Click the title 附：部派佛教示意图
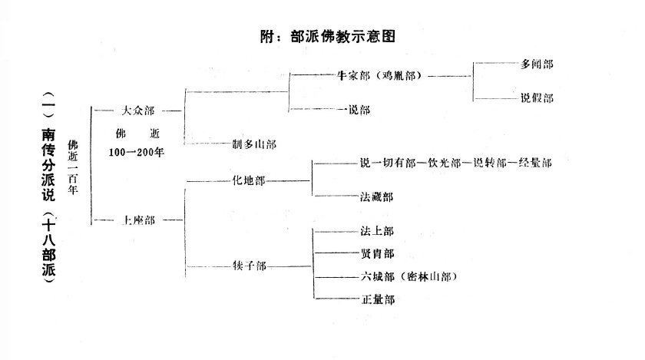tap(332, 36)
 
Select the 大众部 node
tap(138, 110)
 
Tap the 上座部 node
tap(138, 220)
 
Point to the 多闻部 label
tap(536, 64)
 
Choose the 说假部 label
tap(536, 97)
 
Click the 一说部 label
tap(355, 110)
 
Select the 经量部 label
tap(534, 163)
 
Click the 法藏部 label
tap(376, 197)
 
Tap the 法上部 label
tap(376, 230)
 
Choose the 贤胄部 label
tap(376, 253)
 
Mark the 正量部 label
tap(376, 299)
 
